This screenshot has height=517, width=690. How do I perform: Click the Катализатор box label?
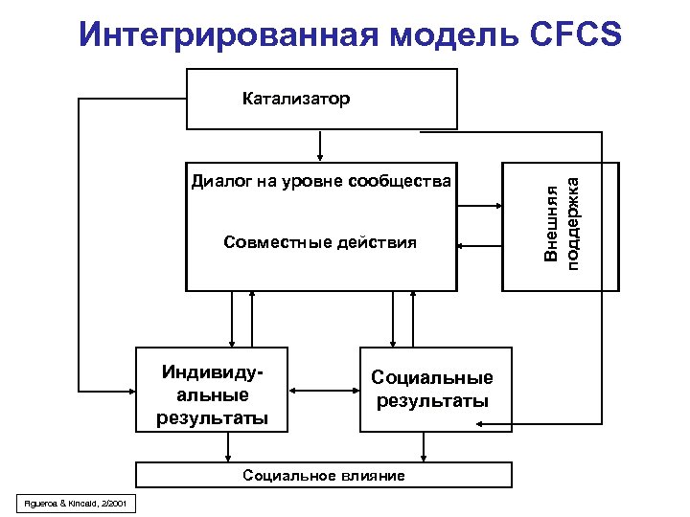pos(296,99)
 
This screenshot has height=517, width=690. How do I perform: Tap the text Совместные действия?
pos(320,242)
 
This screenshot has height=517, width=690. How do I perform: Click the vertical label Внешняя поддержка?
pos(561,226)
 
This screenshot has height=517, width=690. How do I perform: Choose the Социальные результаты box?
pos(432,390)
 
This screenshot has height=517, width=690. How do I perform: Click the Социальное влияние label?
pos(324,476)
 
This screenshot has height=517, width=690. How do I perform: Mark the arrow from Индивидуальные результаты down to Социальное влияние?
pos(228,446)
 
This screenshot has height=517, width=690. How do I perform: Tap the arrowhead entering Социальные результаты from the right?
pos(517,423)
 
